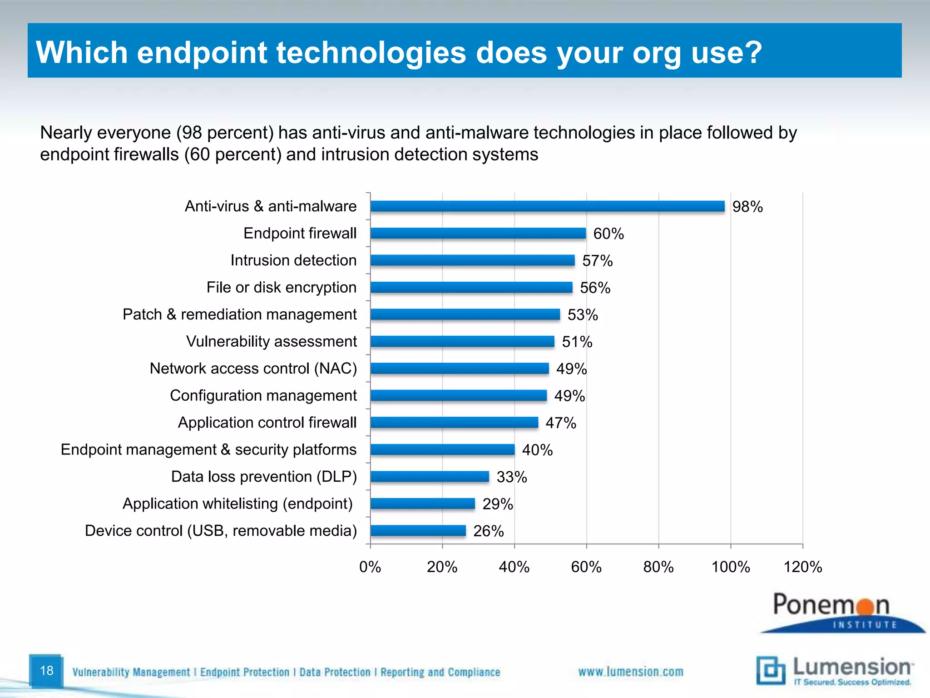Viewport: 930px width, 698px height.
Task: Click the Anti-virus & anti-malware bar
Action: [547, 206]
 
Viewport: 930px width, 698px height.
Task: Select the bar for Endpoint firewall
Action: [478, 233]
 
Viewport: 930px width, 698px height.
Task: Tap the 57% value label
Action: [597, 261]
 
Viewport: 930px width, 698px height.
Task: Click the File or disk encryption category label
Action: [281, 287]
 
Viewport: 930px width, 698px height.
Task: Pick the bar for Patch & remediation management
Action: [465, 314]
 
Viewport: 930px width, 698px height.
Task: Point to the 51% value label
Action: [577, 342]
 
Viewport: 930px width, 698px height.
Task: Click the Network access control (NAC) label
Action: [253, 368]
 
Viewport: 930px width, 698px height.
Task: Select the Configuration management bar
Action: [459, 395]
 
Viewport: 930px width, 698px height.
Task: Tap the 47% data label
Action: [560, 423]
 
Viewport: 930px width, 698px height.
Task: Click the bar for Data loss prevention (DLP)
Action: [430, 476]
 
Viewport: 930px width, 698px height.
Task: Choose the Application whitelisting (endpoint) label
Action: [237, 504]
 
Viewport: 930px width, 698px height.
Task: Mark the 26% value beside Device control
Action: [488, 531]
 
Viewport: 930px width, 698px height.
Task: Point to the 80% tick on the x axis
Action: [658, 567]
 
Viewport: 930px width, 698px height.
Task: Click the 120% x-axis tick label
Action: [802, 567]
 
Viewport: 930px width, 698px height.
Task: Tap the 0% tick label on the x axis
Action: [370, 567]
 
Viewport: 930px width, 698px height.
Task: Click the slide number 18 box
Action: [46, 670]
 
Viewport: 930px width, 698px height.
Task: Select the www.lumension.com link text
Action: [630, 672]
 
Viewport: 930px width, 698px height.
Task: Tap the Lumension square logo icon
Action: [770, 670]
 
